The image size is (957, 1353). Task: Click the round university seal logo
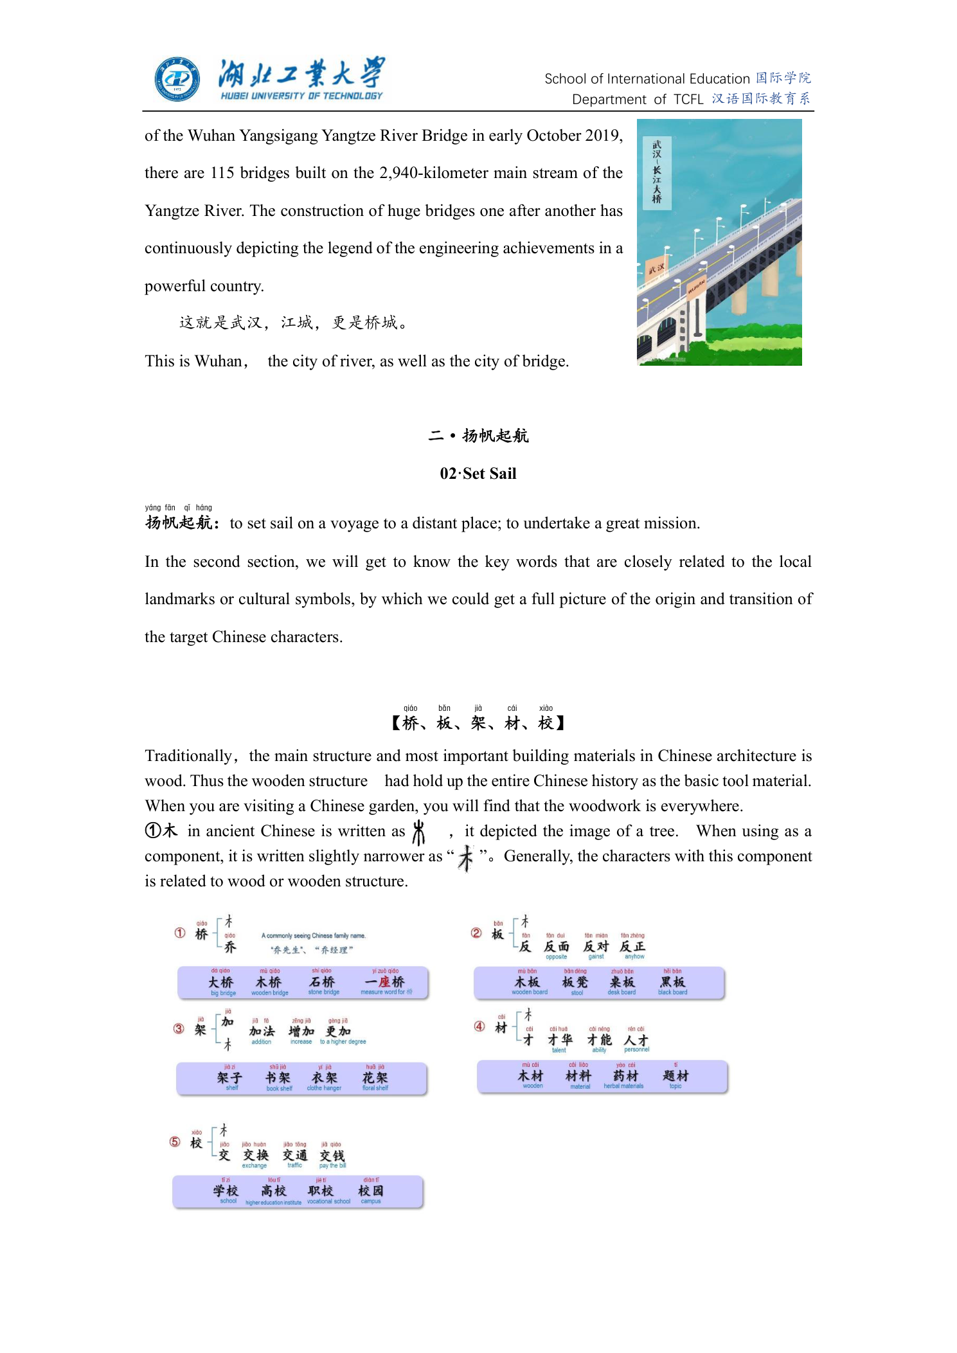177,79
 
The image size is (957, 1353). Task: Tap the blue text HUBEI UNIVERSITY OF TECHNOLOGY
301,96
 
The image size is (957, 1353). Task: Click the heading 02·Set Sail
478,474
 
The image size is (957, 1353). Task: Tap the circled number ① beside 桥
180,933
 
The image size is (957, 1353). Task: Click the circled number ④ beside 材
479,1026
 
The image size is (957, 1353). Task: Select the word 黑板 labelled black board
673,982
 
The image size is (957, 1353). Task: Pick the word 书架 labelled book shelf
278,1078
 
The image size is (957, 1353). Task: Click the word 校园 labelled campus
371,1191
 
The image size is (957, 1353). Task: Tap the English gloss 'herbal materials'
623,1086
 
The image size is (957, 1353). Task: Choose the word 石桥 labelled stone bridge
322,982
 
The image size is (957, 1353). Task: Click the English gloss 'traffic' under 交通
295,1165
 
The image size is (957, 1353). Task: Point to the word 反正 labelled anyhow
632,946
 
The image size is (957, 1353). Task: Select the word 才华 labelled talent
560,1039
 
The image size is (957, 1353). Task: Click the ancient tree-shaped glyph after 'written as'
419,832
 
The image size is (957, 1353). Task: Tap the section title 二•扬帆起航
478,436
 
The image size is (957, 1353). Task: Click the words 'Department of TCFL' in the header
638,100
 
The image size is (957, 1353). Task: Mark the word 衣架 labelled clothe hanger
324,1078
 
